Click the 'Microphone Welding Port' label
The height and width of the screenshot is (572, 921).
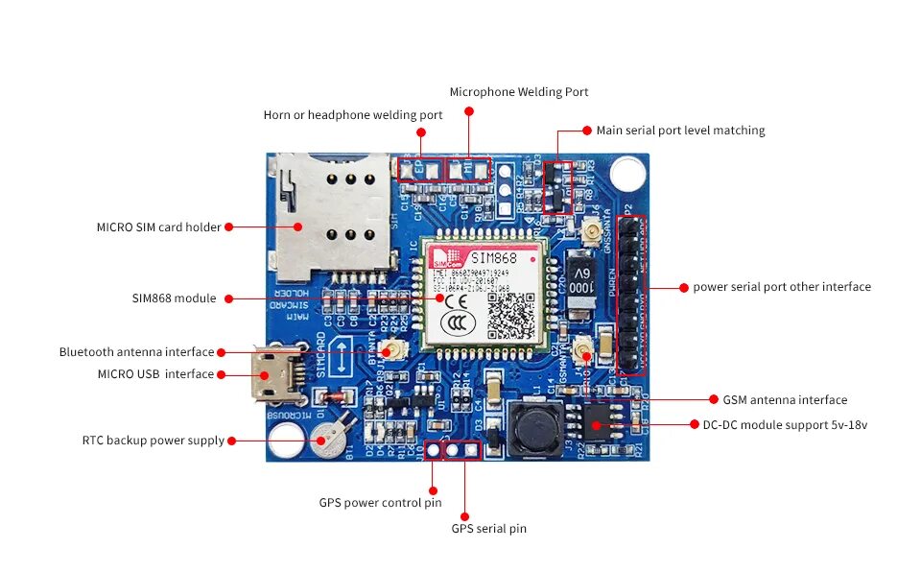pos(519,92)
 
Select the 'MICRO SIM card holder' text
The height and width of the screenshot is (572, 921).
pos(158,227)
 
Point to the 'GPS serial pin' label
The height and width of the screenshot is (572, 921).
pos(488,528)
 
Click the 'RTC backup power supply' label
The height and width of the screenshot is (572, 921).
pos(153,441)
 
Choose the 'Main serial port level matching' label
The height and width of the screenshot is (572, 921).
pos(680,130)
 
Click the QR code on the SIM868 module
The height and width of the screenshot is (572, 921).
pos(510,315)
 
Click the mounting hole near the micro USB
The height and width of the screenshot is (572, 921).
pos(284,444)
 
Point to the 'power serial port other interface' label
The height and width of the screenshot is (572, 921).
pos(782,287)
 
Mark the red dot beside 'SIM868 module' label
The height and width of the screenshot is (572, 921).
pos(227,298)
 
